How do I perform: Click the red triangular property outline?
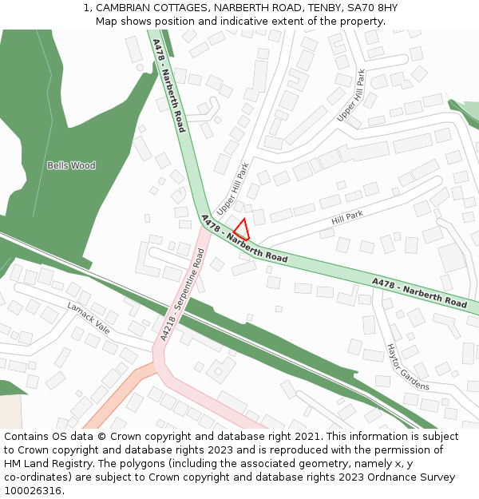point(243,230)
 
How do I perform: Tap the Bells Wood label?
point(71,166)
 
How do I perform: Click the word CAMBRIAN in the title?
point(123,8)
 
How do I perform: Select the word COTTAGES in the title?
point(180,8)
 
